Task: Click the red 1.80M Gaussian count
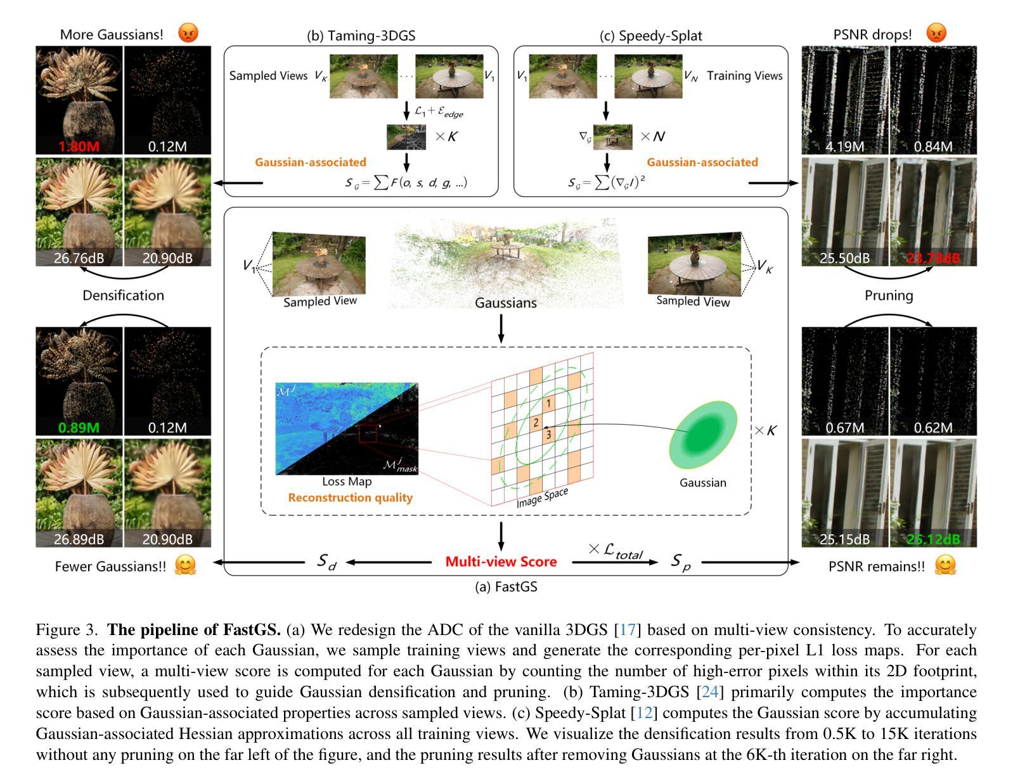[x=79, y=146]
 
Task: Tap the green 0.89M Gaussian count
[x=79, y=428]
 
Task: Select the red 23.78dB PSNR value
[x=932, y=258]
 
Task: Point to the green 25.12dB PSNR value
[x=932, y=539]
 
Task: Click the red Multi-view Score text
[x=501, y=562]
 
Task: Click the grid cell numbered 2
[x=536, y=423]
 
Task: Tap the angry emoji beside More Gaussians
[x=188, y=33]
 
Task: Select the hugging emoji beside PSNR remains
[x=945, y=565]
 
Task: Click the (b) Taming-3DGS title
[x=361, y=35]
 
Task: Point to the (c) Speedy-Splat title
[x=650, y=35]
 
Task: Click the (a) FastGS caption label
[x=506, y=587]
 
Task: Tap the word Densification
[x=123, y=295]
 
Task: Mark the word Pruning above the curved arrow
[x=889, y=295]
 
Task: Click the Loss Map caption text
[x=347, y=482]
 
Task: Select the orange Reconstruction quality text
[x=350, y=498]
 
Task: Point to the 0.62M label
[x=932, y=428]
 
